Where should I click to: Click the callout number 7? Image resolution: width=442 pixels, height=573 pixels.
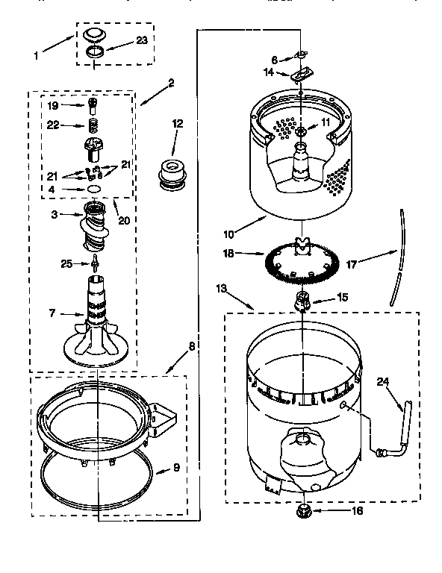point(52,313)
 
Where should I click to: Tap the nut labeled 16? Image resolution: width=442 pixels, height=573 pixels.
point(304,511)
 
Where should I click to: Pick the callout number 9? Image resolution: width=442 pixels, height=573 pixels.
point(176,469)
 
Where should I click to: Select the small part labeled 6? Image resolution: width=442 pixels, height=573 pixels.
point(302,54)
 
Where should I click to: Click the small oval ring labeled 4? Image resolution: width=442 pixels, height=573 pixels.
point(94,190)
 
